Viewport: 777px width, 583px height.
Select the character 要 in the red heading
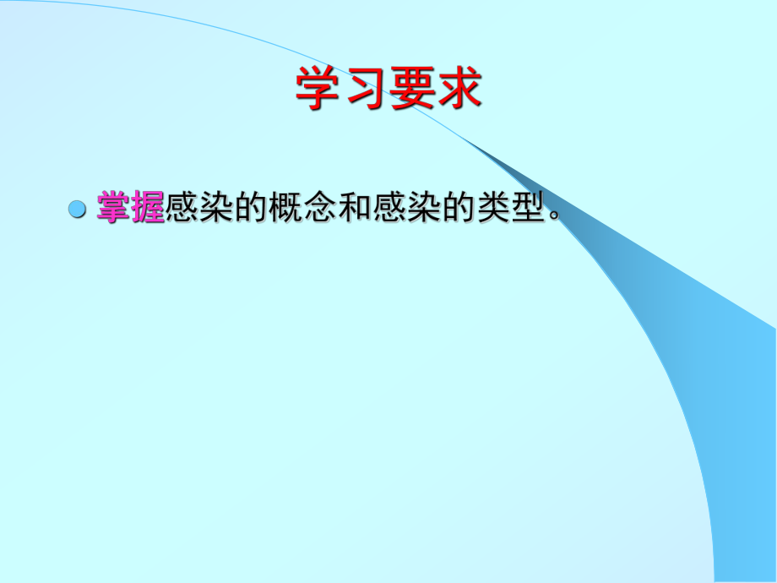411,89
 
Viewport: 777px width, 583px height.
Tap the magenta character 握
148,207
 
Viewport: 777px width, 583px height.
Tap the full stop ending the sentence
554,216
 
